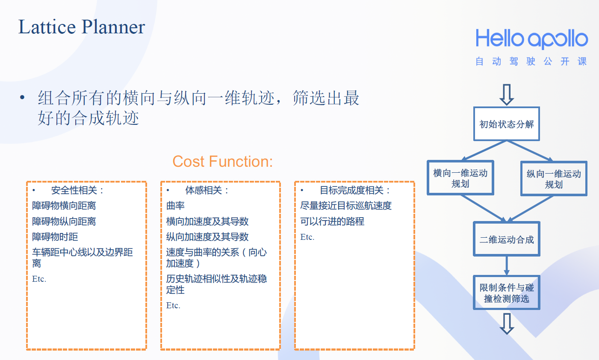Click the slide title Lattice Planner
(x=82, y=27)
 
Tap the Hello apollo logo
(x=531, y=39)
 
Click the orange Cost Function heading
(x=222, y=162)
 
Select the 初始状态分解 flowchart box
(x=506, y=124)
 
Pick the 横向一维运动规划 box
(x=460, y=178)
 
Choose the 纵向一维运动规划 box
(x=554, y=179)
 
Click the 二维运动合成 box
(x=506, y=239)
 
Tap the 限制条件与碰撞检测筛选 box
(x=506, y=293)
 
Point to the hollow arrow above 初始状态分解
(x=507, y=94)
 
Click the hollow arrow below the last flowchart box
(x=507, y=324)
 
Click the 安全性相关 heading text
(x=77, y=190)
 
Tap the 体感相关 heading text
(x=207, y=190)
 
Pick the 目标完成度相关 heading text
(x=354, y=190)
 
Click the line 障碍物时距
(x=55, y=237)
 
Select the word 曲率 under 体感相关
(x=175, y=206)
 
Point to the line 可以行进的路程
(x=332, y=221)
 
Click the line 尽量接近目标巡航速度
(x=346, y=206)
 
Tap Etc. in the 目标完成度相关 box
(x=307, y=237)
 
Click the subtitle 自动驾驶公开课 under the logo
(x=531, y=62)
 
